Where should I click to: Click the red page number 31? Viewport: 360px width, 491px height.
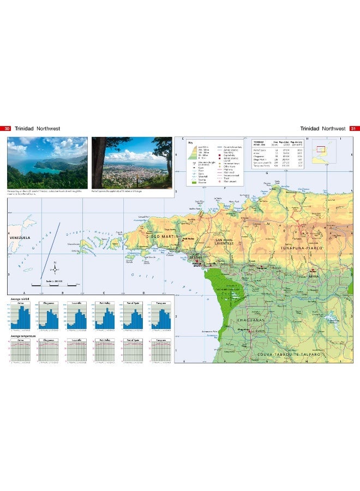(353, 129)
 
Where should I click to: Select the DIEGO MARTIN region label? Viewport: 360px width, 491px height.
(161, 237)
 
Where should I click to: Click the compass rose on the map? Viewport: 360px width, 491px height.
(55, 269)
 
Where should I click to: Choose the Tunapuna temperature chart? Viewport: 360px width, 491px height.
(161, 351)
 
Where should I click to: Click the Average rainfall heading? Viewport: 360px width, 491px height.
(16, 300)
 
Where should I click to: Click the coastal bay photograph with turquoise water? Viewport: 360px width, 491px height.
(47, 163)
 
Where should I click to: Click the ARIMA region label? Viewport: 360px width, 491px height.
(313, 277)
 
